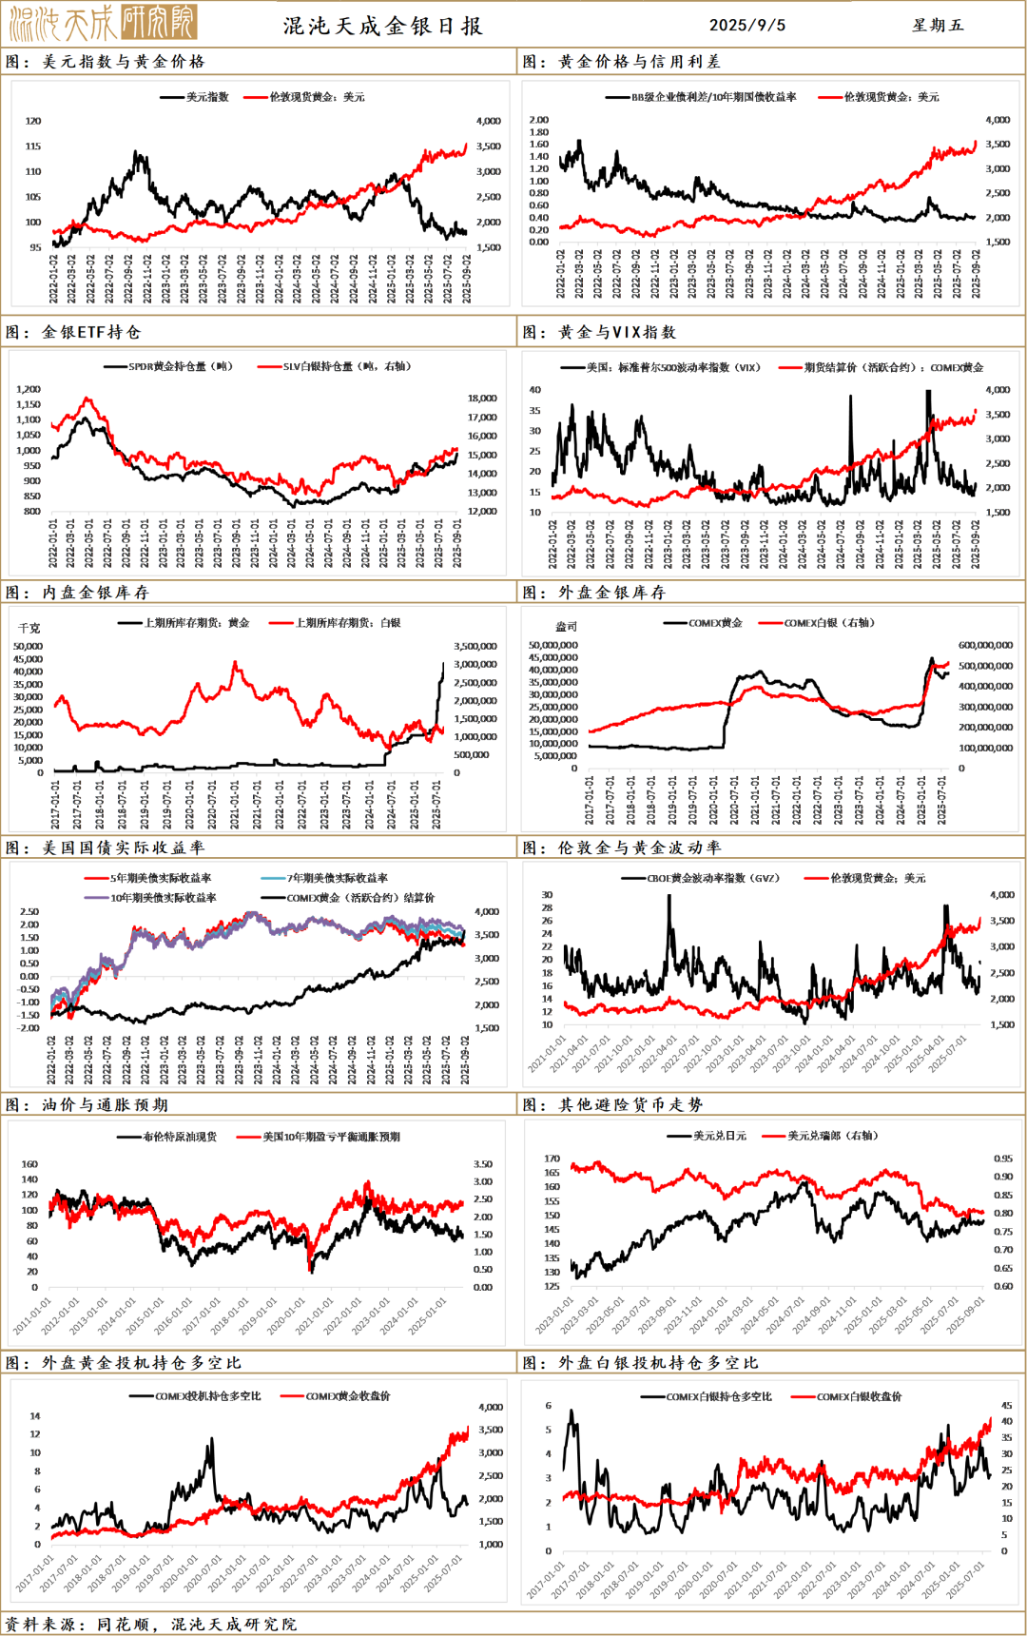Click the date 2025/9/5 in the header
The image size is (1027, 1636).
(747, 26)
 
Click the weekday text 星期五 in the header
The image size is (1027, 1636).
(938, 26)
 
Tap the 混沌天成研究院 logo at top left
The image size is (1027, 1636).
(103, 23)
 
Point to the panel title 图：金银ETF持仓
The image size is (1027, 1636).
(73, 332)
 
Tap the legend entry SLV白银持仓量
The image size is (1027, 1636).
(346, 366)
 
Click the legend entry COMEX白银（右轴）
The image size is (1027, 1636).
(828, 623)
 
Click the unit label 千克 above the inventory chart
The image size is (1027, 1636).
(29, 629)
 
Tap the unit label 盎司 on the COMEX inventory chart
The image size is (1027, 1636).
(566, 627)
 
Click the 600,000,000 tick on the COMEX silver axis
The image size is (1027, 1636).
(985, 646)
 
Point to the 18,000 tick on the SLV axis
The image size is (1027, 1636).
(482, 399)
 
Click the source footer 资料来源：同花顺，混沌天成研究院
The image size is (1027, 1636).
(150, 1624)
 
